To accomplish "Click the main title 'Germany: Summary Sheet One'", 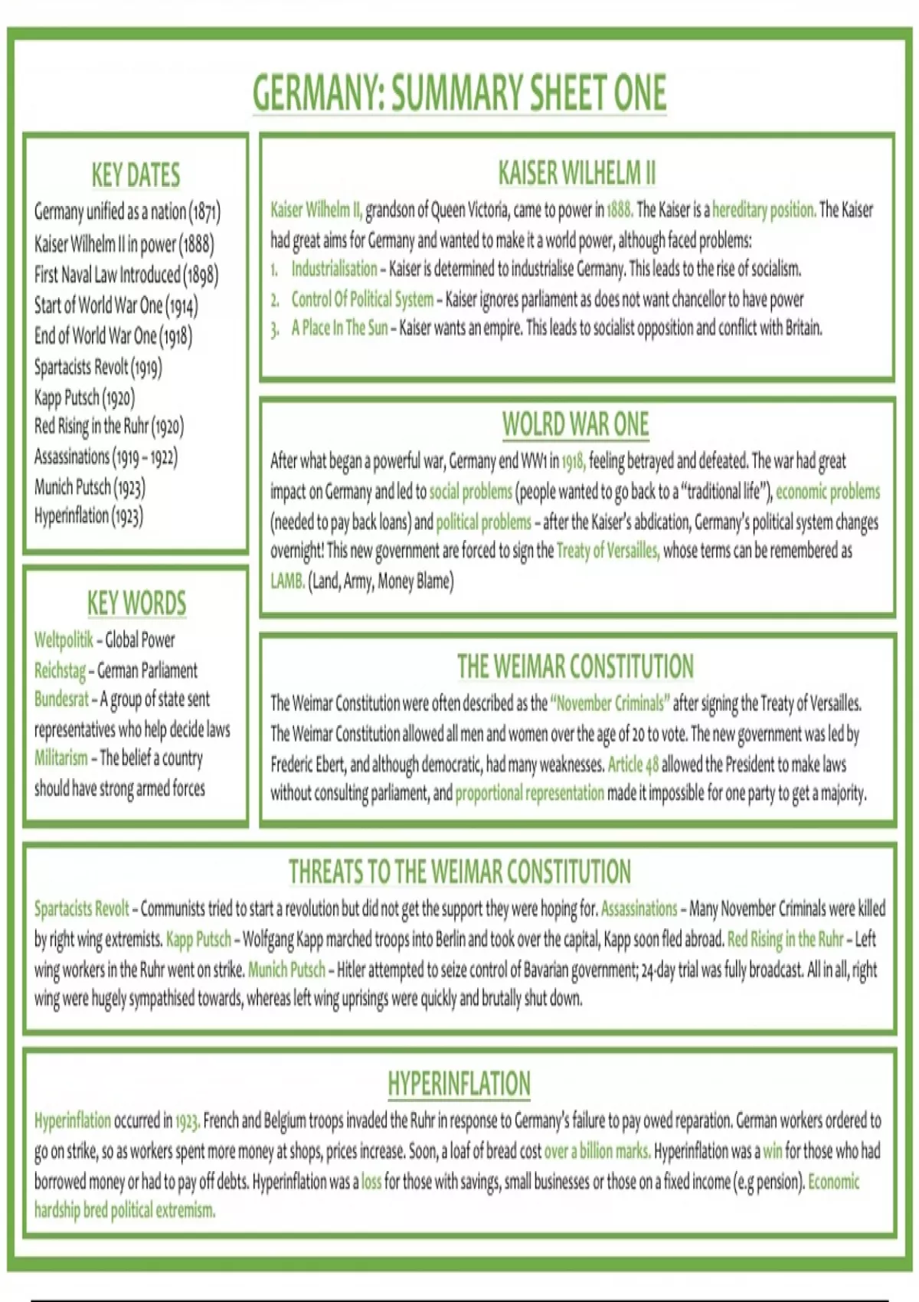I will (x=459, y=93).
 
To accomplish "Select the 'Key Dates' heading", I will (x=136, y=175).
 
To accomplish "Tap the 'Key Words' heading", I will (x=136, y=603).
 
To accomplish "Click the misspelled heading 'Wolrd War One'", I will (x=575, y=424).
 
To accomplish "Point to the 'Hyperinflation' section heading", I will (x=459, y=1083).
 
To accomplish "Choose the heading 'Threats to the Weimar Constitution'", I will (x=459, y=872).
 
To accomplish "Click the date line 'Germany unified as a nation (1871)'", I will (x=127, y=212).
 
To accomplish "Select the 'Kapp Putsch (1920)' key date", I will (x=84, y=397).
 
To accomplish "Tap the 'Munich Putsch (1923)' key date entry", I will (x=90, y=487).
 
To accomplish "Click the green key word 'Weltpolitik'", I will (x=64, y=640).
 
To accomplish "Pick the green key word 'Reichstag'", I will (x=60, y=671).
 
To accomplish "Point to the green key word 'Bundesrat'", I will (x=61, y=699).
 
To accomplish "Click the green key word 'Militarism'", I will (x=61, y=758).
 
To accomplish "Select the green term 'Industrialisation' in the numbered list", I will (x=334, y=269).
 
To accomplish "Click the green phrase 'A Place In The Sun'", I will (x=339, y=329).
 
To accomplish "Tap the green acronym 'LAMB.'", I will (x=287, y=581).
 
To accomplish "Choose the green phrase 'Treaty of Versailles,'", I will (x=607, y=551).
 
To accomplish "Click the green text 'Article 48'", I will (x=633, y=764).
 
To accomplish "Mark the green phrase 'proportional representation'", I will (x=529, y=793).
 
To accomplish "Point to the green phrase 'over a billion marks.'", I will (x=597, y=1150).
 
